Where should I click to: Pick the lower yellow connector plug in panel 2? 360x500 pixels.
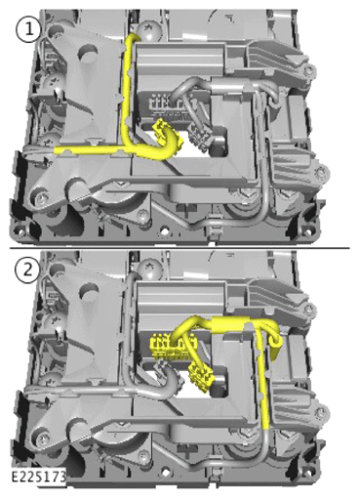click(x=203, y=374)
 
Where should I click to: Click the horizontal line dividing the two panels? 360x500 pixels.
click(x=180, y=248)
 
